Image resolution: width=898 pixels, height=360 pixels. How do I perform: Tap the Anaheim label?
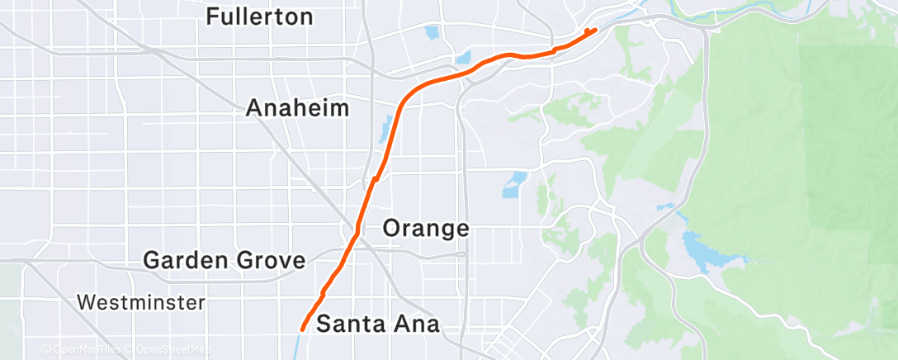tap(297, 108)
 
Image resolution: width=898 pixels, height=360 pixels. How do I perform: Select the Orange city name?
tap(427, 229)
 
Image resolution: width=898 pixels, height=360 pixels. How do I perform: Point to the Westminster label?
tap(141, 302)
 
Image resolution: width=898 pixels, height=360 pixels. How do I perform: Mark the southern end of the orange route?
tap(302, 329)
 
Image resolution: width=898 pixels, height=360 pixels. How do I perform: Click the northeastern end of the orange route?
tap(594, 31)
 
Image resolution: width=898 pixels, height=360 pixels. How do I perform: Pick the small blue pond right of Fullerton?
tap(431, 34)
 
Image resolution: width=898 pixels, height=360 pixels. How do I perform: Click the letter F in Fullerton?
tap(213, 16)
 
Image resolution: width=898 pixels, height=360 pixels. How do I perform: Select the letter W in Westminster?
tap(86, 302)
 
